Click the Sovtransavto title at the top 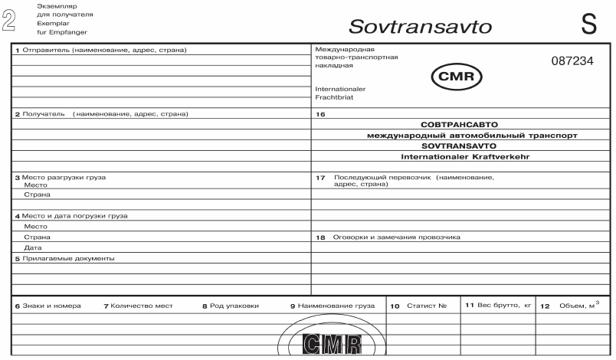click(421, 27)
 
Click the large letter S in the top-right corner click(588, 22)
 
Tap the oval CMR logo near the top click(457, 77)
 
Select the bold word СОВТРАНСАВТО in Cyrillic click(460, 123)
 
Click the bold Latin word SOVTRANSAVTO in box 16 click(460, 145)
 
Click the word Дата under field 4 click(32, 247)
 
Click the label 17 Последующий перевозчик click(406, 178)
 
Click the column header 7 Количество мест click(139, 306)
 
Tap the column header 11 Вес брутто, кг click(498, 305)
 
